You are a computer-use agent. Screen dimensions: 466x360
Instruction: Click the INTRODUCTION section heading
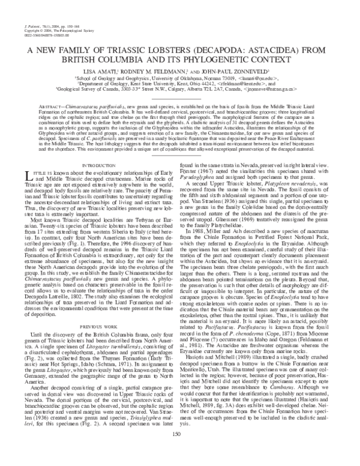[x=98, y=165]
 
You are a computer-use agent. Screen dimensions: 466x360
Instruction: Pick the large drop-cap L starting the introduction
[x=30, y=175]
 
